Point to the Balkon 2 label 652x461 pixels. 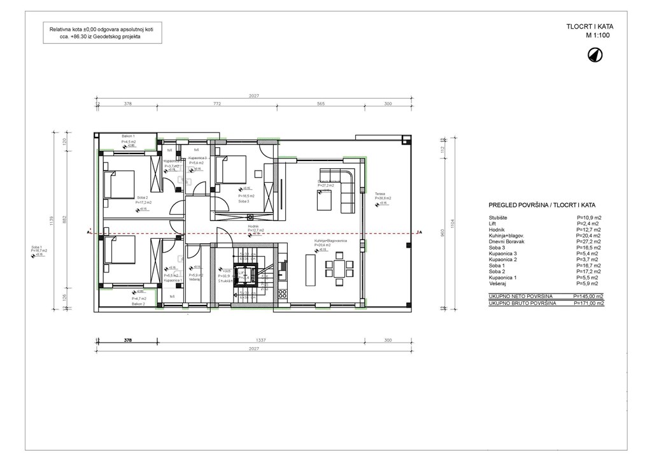click(x=139, y=304)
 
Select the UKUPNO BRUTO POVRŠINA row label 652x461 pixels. click(x=522, y=304)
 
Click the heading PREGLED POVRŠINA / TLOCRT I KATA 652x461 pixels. click(x=542, y=206)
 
